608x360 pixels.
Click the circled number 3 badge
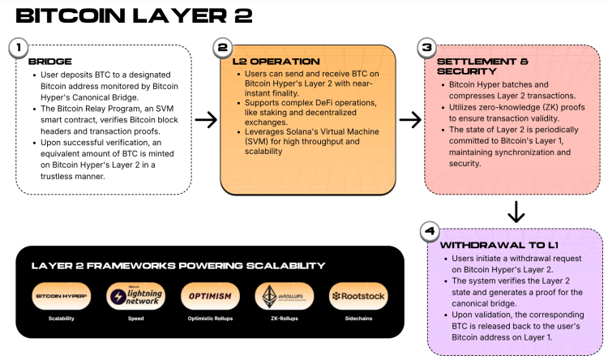click(x=425, y=48)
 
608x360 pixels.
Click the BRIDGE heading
click(x=50, y=61)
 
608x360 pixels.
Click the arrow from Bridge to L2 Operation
click(x=207, y=121)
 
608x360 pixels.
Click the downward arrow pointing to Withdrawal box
click(x=515, y=212)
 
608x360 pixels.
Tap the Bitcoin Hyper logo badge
click(x=62, y=296)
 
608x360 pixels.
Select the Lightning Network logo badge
click(x=135, y=296)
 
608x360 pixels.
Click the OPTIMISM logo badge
click(x=209, y=296)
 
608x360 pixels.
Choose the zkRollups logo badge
click(x=284, y=296)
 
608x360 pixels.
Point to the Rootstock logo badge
click(x=358, y=296)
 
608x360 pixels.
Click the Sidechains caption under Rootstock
click(x=358, y=319)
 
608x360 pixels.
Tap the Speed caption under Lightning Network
click(x=135, y=319)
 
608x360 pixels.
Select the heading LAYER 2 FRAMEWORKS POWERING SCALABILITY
click(x=178, y=266)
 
